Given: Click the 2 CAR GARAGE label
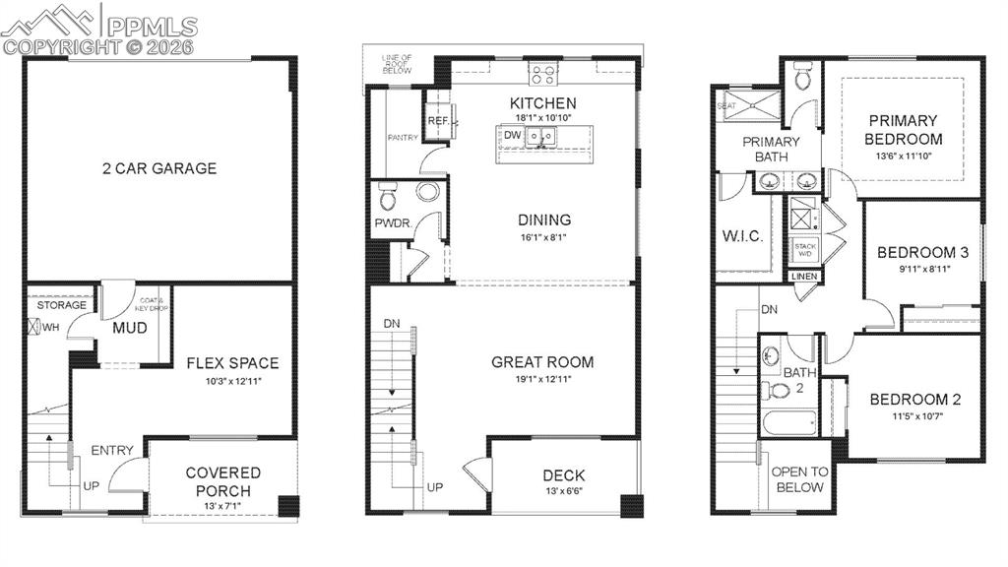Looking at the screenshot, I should click(x=158, y=168).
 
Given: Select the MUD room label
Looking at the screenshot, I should click(x=130, y=327).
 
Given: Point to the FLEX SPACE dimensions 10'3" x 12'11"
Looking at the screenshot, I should click(x=232, y=380).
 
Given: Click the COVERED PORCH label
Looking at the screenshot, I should click(x=223, y=481).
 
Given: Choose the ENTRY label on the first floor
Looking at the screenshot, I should click(x=112, y=450).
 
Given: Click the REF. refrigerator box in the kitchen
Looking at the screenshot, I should click(x=438, y=120).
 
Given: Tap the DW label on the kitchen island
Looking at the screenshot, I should click(x=512, y=135).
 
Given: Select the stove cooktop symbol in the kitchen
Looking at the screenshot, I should click(x=542, y=72).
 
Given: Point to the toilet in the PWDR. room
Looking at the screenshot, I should click(x=388, y=199).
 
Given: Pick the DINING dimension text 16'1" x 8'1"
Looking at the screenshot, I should click(x=544, y=237).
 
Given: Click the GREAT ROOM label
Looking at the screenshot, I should click(x=542, y=362).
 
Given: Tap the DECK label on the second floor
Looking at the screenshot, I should click(x=564, y=475).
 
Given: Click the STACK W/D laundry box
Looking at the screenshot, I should click(x=805, y=249).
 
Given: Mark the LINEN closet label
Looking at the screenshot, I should click(x=804, y=278).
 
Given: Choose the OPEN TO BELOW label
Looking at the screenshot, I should click(x=799, y=479).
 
